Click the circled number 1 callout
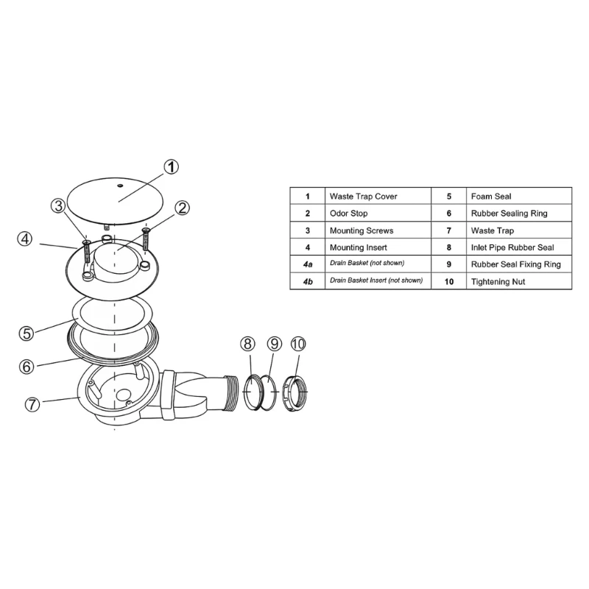click(x=171, y=166)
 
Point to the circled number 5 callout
click(x=26, y=332)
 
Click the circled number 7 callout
click(x=32, y=404)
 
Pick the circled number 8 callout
click(x=248, y=344)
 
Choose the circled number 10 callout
click(x=298, y=344)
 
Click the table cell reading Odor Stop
click(x=377, y=214)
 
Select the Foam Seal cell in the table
click(x=518, y=197)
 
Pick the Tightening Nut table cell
click(x=518, y=281)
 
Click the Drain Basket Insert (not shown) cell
click(x=377, y=281)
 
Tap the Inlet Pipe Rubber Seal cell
click(x=518, y=247)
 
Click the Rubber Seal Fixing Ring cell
click(x=518, y=264)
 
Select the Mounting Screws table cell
click(x=377, y=230)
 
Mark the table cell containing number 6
click(x=448, y=214)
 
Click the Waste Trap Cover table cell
click(x=377, y=197)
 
